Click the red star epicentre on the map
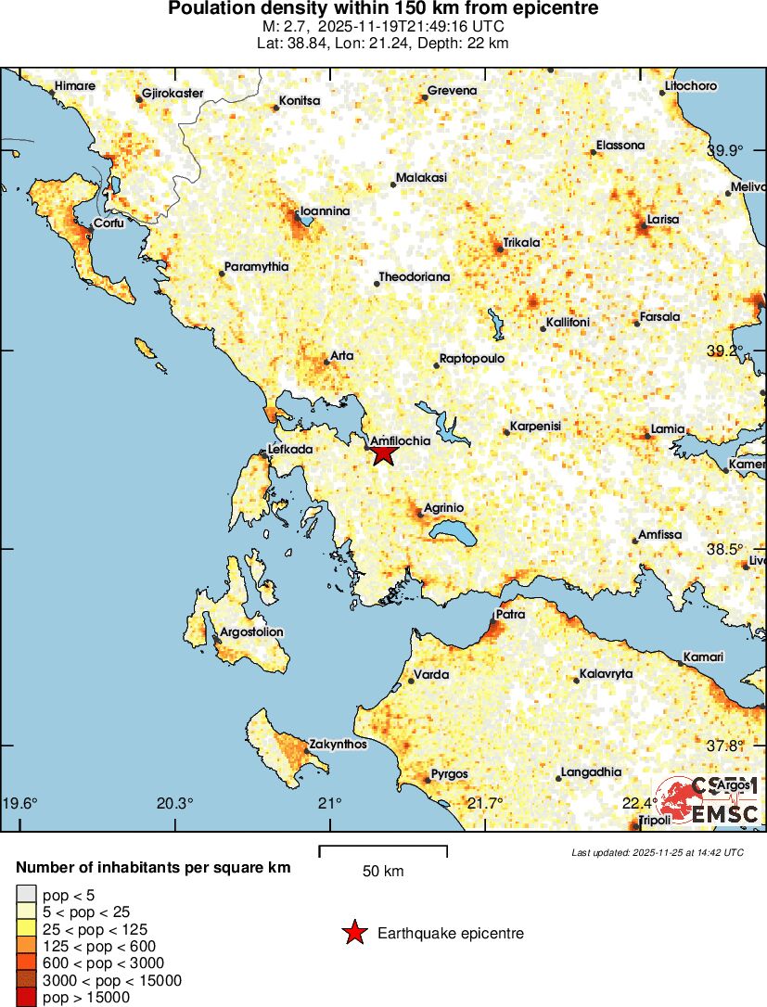383,453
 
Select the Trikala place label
521,243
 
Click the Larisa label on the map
663,220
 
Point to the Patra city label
511,614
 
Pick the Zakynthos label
338,744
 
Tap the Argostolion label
250,632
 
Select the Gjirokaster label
173,95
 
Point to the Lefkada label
289,450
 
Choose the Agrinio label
443,508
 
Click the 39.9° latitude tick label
725,151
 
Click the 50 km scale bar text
383,872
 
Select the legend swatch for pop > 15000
26,997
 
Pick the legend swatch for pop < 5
26,895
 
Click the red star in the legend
354,934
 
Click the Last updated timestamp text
657,852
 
